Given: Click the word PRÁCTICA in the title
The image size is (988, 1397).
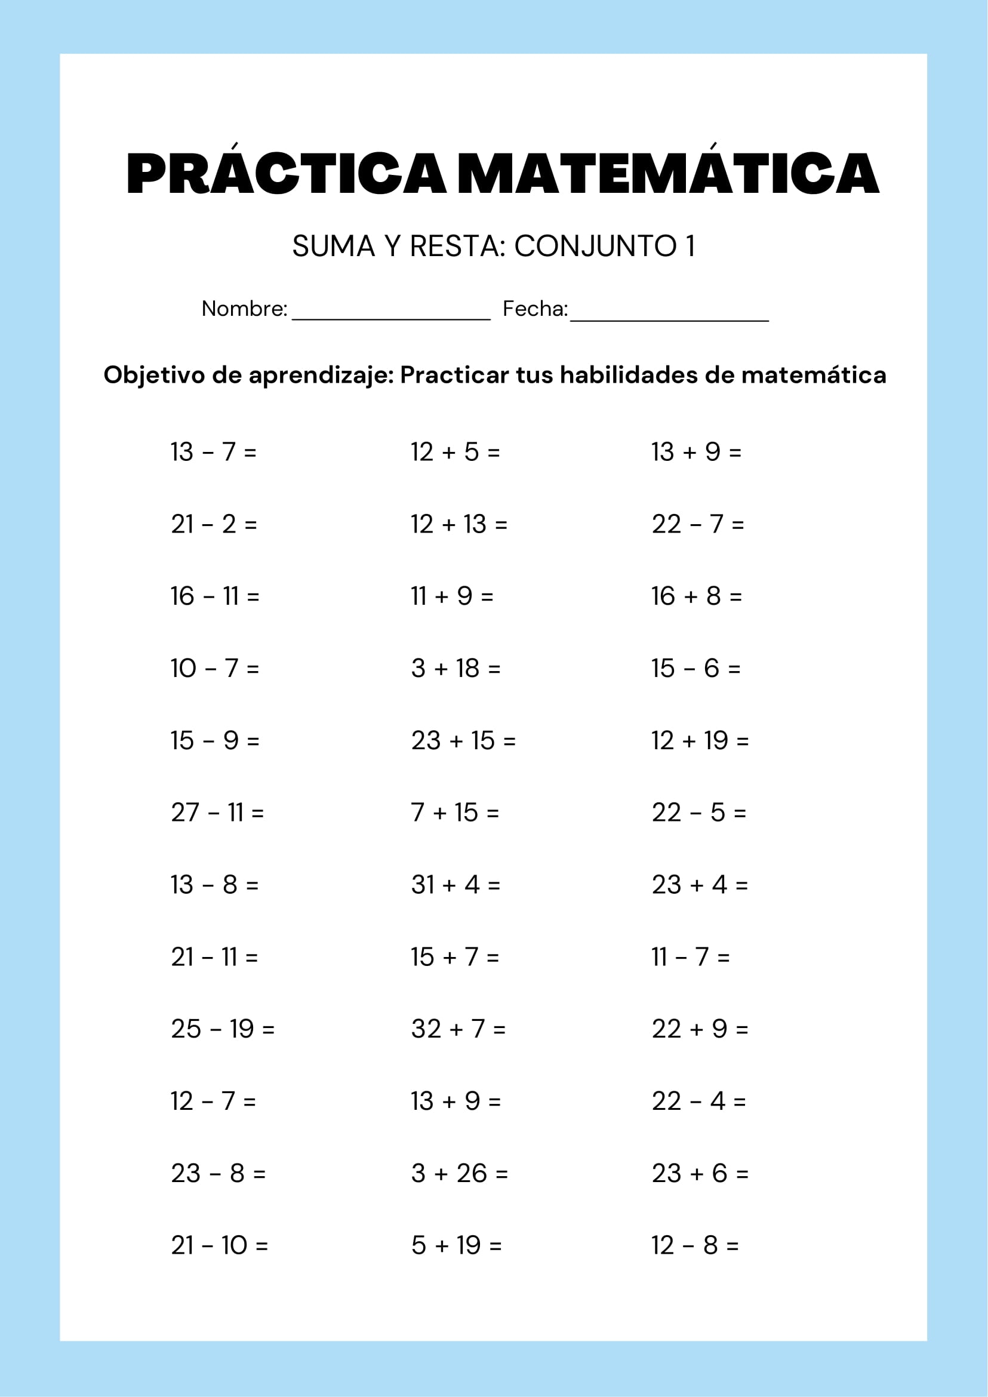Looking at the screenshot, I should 286,173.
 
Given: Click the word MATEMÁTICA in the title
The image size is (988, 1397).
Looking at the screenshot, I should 667,173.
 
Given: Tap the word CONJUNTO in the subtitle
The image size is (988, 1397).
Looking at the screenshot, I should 595,247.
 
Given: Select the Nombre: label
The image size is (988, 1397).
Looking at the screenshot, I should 244,309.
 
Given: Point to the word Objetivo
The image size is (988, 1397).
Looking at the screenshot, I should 154,375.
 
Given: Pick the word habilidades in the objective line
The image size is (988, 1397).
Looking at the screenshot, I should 629,375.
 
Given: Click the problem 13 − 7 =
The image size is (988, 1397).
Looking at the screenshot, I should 214,452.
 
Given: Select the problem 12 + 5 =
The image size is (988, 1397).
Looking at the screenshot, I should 455,452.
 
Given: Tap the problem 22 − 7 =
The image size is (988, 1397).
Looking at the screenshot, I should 698,524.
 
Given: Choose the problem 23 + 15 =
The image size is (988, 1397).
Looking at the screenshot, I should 463,740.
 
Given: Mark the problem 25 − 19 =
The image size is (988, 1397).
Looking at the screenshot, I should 223,1029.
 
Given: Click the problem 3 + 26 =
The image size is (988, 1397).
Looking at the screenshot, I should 459,1173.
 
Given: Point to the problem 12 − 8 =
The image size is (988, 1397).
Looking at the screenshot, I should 695,1245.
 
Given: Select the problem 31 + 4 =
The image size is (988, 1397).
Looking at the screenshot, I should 455,885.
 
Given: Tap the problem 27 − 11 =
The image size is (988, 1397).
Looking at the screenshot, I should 217,813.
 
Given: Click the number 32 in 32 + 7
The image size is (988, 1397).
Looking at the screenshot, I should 426,1029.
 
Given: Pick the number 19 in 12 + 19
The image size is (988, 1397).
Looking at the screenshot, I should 716,740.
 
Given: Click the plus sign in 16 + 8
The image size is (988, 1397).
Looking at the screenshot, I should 691,596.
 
